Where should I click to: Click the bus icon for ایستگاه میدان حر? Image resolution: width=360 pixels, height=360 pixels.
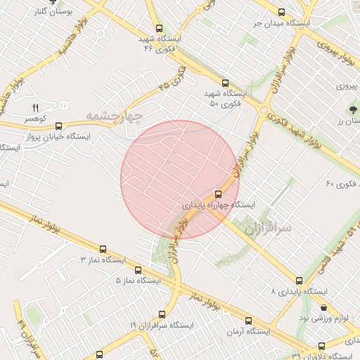tap(282, 12)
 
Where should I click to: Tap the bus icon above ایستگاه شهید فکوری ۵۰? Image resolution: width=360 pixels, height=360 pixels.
tap(225, 82)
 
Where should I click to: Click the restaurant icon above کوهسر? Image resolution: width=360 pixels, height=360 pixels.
tap(35, 108)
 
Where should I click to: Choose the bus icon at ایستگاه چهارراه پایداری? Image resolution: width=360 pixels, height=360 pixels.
tap(218, 194)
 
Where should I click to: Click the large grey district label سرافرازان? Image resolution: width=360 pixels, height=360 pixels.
tap(269, 228)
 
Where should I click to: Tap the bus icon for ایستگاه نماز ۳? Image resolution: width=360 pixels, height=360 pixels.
tap(103, 249)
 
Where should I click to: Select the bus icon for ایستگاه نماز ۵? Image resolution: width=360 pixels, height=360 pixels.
tap(138, 269)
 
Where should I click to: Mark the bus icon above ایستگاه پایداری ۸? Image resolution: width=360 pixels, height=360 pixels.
tap(300, 280)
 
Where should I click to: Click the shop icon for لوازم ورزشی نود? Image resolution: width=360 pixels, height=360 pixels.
tap(323, 307)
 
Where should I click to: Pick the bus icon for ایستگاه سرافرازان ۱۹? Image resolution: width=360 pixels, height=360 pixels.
tap(162, 314)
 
